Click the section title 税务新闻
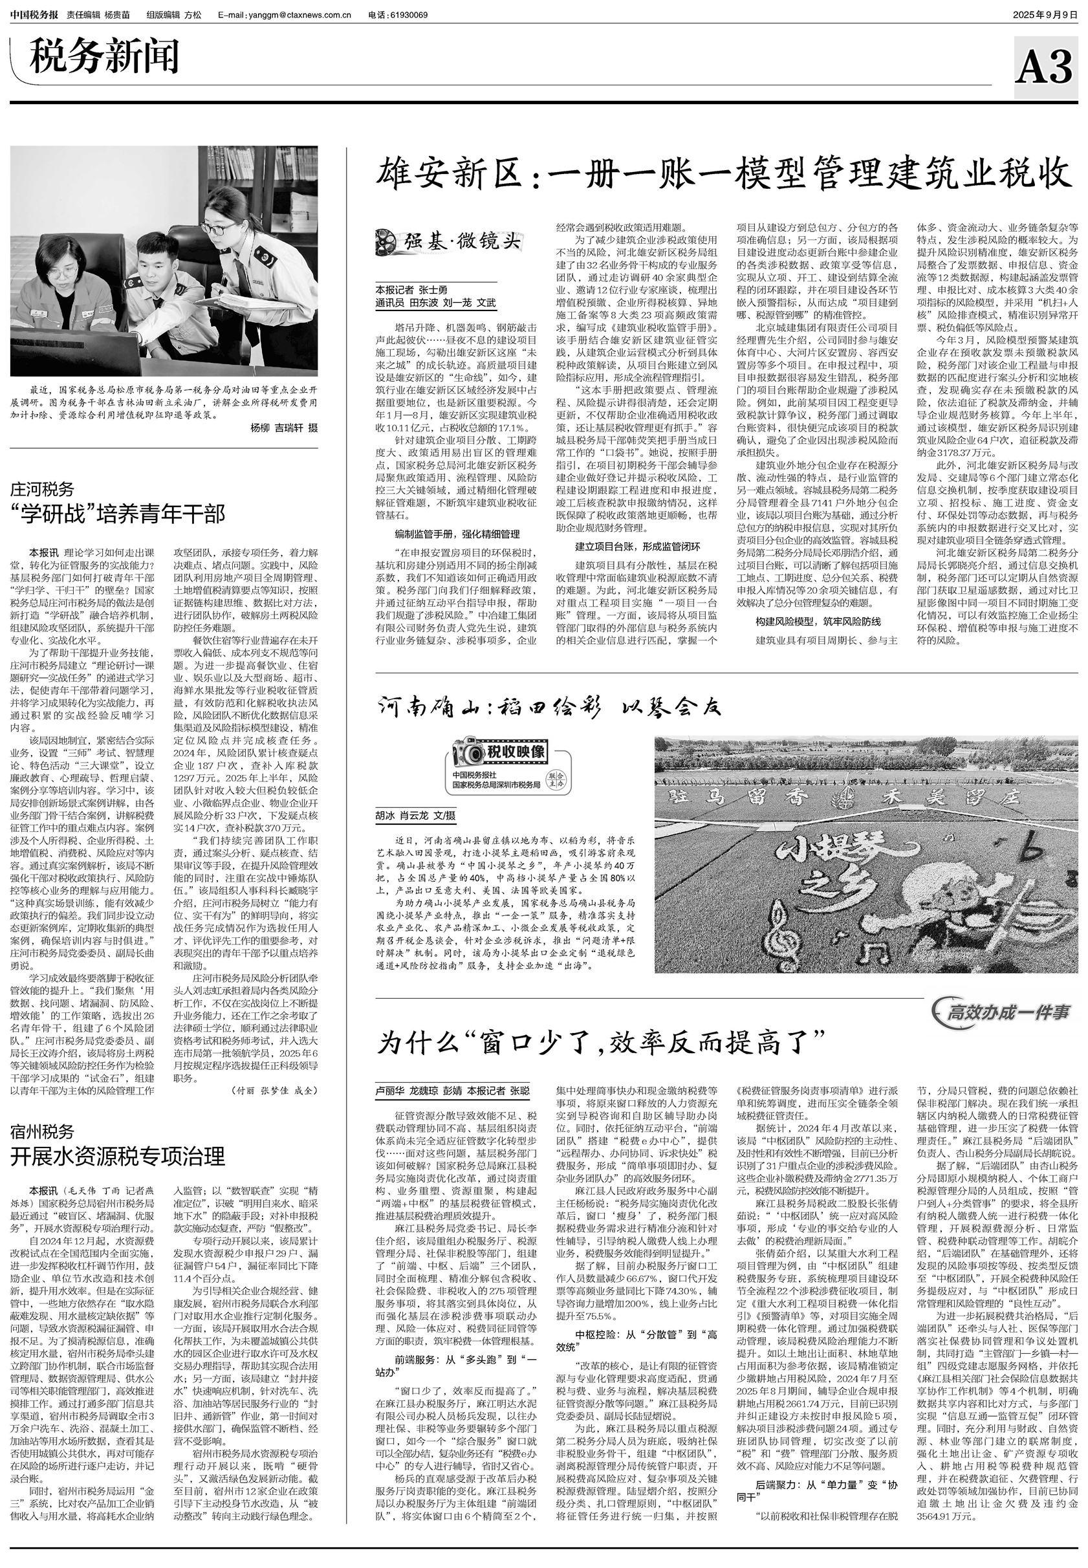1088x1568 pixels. (104, 58)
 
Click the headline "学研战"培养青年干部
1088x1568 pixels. (117, 514)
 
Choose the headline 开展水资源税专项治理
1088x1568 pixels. (117, 1156)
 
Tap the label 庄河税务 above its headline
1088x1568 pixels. (42, 490)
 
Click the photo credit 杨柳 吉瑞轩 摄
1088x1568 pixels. (283, 428)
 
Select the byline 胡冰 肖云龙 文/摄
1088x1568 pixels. (415, 815)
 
